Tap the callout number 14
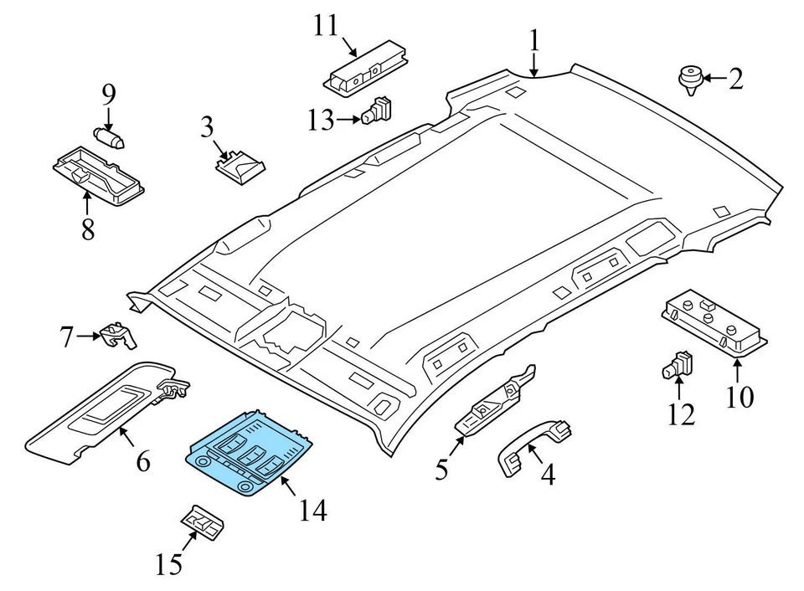pos(312,510)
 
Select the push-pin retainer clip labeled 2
pos(690,80)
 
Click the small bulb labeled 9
pos(109,138)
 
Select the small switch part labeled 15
pos(202,522)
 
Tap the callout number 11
pos(326,26)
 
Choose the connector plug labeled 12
pos(678,365)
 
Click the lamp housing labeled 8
pos(99,176)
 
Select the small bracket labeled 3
pos(240,165)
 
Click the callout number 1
pos(534,40)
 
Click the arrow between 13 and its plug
pos(348,120)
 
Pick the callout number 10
pos(740,396)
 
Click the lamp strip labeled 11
pos(366,66)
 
